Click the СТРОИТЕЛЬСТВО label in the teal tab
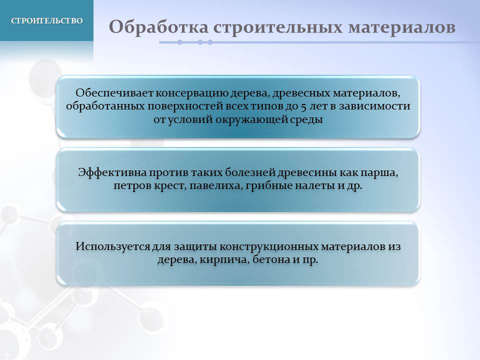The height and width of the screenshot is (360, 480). (47, 20)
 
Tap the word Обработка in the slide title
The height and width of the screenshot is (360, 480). (158, 27)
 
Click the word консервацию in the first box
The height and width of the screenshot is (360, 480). (192, 93)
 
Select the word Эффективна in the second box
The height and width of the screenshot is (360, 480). (112, 172)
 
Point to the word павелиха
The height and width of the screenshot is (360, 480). (216, 186)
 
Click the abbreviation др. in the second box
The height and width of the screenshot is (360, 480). (354, 186)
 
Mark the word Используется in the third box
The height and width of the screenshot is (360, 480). (113, 246)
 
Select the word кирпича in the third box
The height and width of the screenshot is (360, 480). (222, 260)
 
